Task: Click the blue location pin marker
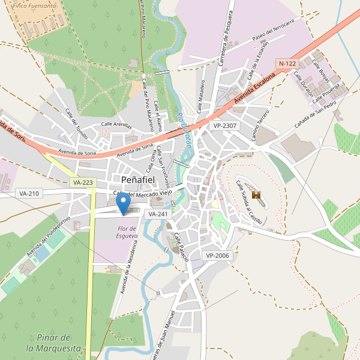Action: tap(123, 204)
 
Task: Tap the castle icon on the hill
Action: tap(256, 195)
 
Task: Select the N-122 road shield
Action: tap(287, 63)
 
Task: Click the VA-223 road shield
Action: tap(82, 182)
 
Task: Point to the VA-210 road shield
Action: tap(29, 193)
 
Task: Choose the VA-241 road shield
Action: tap(157, 214)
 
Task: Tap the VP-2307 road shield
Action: tap(224, 126)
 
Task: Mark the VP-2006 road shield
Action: tap(217, 256)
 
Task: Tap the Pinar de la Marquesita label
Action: tap(53, 343)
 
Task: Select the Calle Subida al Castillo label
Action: tap(249, 202)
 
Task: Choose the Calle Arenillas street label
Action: tap(116, 124)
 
